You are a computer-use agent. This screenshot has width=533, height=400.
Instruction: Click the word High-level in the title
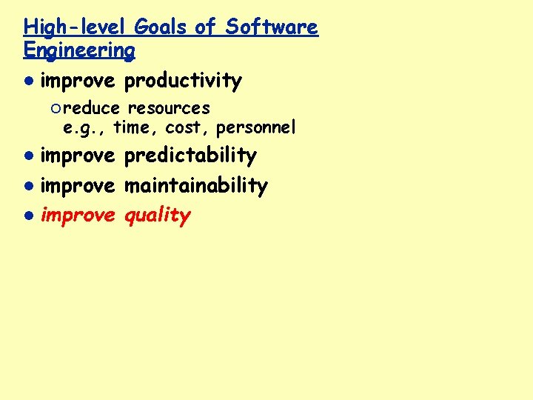pyautogui.click(x=76, y=27)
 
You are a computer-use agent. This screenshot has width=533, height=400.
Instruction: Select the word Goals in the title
pyautogui.click(x=161, y=27)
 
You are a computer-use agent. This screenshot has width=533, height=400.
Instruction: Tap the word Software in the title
pyautogui.click(x=272, y=27)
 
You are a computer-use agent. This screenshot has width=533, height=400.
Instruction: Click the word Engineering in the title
pyautogui.click(x=79, y=50)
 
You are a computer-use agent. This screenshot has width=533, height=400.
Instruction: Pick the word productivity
pyautogui.click(x=183, y=81)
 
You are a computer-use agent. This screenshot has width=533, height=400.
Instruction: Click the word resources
pyautogui.click(x=169, y=109)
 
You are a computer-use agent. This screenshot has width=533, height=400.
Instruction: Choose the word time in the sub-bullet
pyautogui.click(x=134, y=128)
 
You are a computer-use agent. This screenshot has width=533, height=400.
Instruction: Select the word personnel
pyautogui.click(x=255, y=128)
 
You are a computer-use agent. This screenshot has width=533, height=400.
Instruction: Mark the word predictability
pyautogui.click(x=190, y=156)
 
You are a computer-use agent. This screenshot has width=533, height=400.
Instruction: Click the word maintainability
pyautogui.click(x=195, y=185)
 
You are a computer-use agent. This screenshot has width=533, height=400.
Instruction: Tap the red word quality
pyautogui.click(x=157, y=216)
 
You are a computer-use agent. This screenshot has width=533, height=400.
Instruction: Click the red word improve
pyautogui.click(x=78, y=215)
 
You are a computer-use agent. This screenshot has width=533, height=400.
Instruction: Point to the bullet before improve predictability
pyautogui.click(x=27, y=156)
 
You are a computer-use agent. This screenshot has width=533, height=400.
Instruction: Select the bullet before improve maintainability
pyautogui.click(x=27, y=186)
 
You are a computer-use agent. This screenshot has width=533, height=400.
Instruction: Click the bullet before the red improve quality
pyautogui.click(x=27, y=216)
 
